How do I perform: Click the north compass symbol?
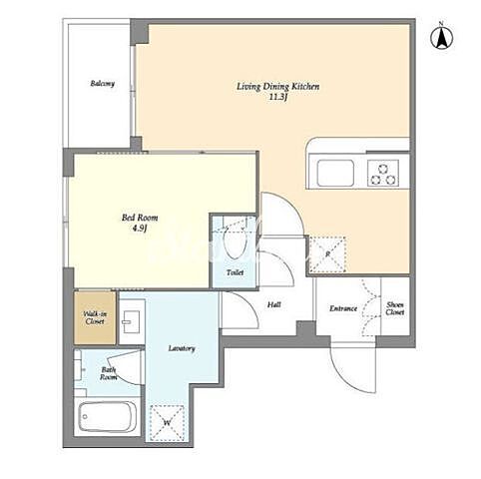point(442,37)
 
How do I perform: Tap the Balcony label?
point(103,83)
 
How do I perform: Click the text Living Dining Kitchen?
point(278,87)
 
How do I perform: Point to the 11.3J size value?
point(278,98)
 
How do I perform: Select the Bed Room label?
point(140,218)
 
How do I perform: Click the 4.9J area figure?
point(140,229)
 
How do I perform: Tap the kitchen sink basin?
point(335,173)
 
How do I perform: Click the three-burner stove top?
point(383,173)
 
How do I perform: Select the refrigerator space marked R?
point(327,254)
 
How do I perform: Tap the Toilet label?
point(236,272)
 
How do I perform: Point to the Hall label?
point(274,304)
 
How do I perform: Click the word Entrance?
point(343,308)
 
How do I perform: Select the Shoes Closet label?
point(395,308)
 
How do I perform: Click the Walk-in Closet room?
point(95,318)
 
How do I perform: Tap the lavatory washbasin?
point(131,322)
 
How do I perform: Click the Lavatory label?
point(182,348)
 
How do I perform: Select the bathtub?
point(108,416)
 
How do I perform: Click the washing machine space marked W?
point(167,422)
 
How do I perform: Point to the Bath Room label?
point(109,373)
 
